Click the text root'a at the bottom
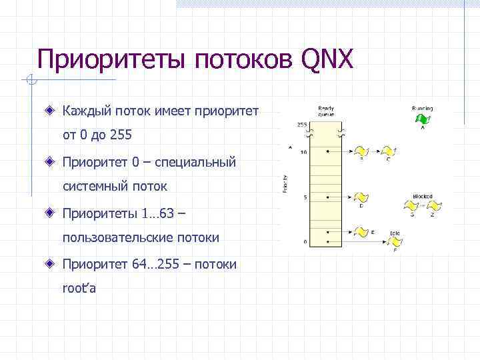[x=79, y=289]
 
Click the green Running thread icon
[x=421, y=119]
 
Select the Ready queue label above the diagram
[x=326, y=111]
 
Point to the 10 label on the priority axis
[x=303, y=152]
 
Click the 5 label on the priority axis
[x=305, y=197]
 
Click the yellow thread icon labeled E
[x=361, y=231]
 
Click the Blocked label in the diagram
[x=423, y=196]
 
